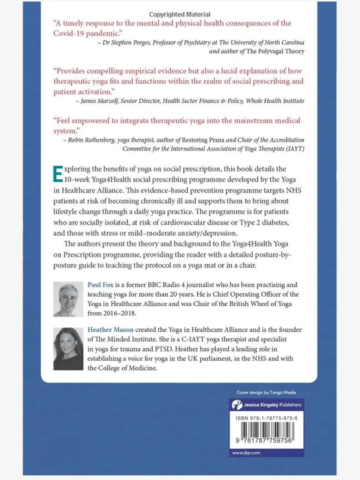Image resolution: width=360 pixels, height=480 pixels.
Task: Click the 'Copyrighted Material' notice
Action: click(180, 15)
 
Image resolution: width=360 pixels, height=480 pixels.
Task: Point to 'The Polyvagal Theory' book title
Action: click(275, 51)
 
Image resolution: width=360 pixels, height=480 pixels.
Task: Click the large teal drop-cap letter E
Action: click(58, 174)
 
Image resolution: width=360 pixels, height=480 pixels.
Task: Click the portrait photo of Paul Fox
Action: click(68, 299)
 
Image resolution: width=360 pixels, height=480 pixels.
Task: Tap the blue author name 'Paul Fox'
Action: click(100, 285)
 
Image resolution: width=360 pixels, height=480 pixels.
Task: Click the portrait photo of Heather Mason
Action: click(68, 349)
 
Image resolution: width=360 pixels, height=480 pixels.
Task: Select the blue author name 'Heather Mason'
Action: click(110, 330)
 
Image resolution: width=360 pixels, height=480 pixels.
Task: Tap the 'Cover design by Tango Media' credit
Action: click(266, 393)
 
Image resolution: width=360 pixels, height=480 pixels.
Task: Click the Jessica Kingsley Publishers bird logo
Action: click(237, 405)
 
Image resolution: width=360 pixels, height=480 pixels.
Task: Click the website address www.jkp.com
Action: click(246, 453)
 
